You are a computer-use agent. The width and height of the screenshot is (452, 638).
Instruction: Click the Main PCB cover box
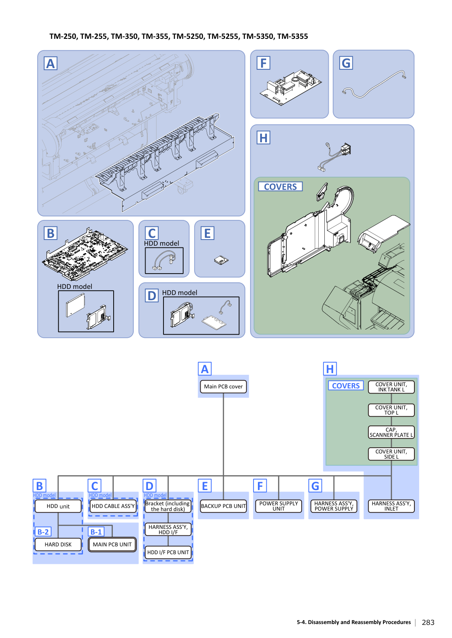(223, 387)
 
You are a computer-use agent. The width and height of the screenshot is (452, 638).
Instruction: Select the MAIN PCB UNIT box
(112, 544)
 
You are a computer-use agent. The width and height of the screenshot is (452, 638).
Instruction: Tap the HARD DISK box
(58, 544)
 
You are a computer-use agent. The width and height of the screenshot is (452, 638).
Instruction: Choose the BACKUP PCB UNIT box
(223, 506)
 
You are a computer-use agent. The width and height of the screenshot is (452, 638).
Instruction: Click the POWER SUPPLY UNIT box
(278, 506)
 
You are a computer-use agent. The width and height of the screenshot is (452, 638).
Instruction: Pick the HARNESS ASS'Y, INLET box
(391, 506)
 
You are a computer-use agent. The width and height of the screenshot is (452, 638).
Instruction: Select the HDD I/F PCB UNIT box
(168, 552)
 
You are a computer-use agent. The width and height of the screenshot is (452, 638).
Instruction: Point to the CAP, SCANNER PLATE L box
(391, 432)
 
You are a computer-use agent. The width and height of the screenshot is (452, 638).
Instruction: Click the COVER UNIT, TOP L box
(391, 410)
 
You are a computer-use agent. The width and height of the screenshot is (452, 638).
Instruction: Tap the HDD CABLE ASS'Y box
(113, 506)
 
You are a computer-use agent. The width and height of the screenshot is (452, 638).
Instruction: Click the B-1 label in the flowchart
(96, 532)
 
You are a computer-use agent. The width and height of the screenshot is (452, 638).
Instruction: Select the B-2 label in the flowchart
(43, 532)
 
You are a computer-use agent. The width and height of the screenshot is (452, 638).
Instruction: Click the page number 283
(428, 622)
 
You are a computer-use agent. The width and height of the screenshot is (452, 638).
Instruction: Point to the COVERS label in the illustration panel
(280, 187)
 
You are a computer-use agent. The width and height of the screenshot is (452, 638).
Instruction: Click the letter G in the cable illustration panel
(346, 63)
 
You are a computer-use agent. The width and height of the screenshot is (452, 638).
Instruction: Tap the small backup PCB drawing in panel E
(221, 260)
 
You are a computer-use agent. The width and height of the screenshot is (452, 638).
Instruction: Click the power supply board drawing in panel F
(291, 87)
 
